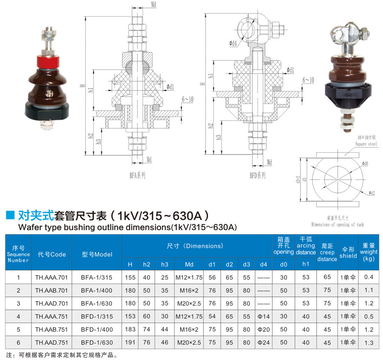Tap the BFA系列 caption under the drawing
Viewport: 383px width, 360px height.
click(x=137, y=175)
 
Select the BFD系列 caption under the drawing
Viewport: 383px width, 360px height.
click(x=257, y=175)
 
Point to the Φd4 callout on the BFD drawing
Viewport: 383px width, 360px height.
click(x=233, y=43)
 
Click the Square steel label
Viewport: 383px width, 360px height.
click(x=366, y=144)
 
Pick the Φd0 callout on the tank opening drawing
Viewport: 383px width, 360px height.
click(x=365, y=163)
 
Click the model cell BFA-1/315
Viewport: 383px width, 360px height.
click(x=97, y=277)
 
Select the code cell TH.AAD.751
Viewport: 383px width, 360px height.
click(x=51, y=343)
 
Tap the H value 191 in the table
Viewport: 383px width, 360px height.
click(x=130, y=343)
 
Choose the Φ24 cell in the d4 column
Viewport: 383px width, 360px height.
click(x=263, y=343)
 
